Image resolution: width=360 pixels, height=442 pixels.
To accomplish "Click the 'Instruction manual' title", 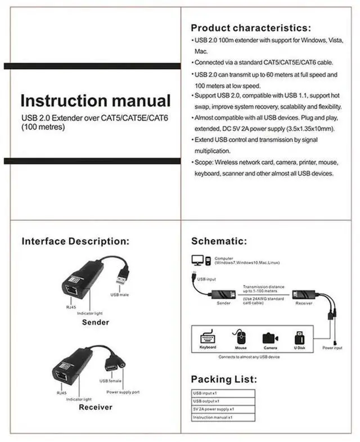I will click(95, 101).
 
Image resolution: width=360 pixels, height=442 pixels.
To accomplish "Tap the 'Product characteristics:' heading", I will click(250, 28).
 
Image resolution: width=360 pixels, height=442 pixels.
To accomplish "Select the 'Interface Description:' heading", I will click(75, 241).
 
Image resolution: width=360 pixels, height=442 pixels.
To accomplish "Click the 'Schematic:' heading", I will click(219, 241).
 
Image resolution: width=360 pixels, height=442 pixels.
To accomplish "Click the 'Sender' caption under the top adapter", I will click(95, 322).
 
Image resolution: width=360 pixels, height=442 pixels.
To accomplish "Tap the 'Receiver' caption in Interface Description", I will click(95, 407).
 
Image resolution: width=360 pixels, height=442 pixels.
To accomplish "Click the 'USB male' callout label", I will click(120, 295).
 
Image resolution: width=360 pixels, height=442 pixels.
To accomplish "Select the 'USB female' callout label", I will click(111, 381).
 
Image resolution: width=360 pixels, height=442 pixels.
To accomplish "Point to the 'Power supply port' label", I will click(123, 392).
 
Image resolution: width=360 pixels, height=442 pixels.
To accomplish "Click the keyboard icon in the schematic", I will click(208, 337).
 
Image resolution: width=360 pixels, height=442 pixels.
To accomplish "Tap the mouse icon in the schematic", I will click(241, 337).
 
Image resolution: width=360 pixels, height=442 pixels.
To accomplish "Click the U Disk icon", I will click(300, 337).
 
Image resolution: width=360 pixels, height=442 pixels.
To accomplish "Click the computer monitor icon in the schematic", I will click(198, 260).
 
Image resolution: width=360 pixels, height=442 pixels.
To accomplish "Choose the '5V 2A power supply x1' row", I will click(213, 409).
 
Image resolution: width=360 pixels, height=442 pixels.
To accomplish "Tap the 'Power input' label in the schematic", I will click(332, 348).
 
